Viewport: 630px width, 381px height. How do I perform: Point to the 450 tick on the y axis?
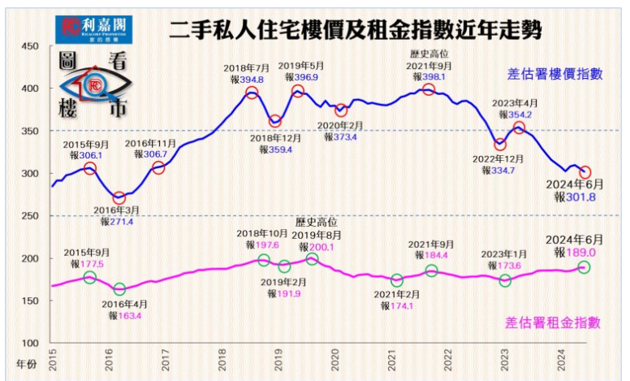click(x=29, y=46)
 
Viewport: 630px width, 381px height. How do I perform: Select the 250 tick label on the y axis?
click(x=29, y=216)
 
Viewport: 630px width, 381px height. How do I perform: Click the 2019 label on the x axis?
click(x=278, y=360)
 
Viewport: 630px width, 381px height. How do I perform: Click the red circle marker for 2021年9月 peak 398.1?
click(x=429, y=89)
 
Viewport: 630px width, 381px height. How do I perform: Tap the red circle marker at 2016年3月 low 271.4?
click(x=119, y=197)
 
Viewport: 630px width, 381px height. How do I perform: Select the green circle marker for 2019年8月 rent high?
click(x=312, y=259)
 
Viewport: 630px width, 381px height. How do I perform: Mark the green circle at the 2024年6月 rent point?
click(x=584, y=267)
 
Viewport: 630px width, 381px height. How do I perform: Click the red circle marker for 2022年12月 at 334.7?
click(x=500, y=145)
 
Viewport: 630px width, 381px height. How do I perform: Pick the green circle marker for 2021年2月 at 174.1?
click(x=397, y=280)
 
